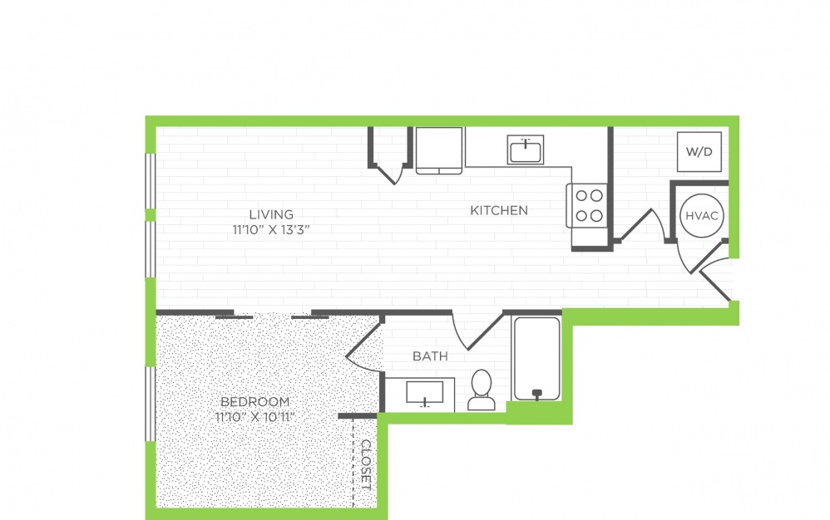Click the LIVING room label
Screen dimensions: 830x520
[271, 214]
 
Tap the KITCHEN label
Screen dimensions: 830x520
[499, 210]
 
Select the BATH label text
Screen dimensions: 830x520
[430, 356]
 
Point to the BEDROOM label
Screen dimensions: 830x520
[254, 401]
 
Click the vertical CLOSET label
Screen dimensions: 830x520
[366, 464]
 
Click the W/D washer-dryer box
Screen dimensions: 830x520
[699, 152]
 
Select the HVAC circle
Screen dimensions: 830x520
[701, 216]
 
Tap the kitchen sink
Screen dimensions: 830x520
[525, 150]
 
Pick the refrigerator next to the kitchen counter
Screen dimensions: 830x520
[439, 150]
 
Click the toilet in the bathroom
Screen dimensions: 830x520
[482, 390]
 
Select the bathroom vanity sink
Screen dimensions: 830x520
[424, 394]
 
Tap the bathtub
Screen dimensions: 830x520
[536, 359]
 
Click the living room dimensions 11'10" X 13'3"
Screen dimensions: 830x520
[271, 230]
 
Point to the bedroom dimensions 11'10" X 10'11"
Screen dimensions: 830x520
[254, 417]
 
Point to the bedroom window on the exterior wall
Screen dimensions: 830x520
[151, 404]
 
